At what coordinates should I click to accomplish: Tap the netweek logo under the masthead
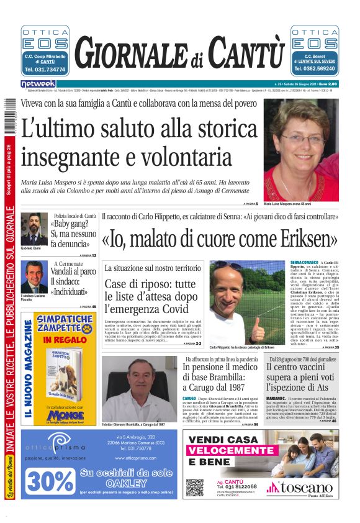pyautogui.click(x=38, y=83)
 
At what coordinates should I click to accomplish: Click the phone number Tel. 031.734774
pyautogui.click(x=45, y=70)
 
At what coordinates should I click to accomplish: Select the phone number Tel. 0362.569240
pyautogui.click(x=315, y=70)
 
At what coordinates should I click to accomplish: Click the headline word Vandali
pyautogui.click(x=66, y=271)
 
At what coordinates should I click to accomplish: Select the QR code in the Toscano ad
pyautogui.click(x=194, y=486)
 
